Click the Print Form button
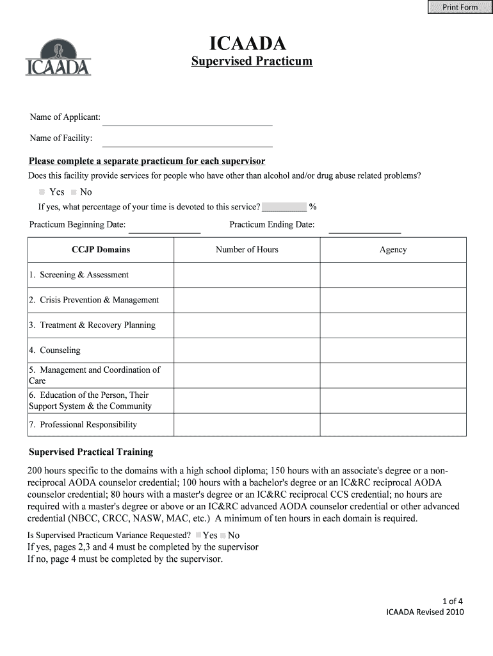point(460,7)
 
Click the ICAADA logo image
point(58,57)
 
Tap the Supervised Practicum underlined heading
point(252,61)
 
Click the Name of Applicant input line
point(187,119)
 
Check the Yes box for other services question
point(42,192)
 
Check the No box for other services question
point(74,192)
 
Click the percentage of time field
point(284,207)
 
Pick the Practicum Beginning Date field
point(165,225)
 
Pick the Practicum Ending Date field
point(364,225)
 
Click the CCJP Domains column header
point(101,250)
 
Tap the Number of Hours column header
point(247,250)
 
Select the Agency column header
point(393,250)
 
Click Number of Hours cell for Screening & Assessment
point(247,275)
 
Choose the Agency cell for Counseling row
point(393,350)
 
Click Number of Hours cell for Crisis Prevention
point(247,300)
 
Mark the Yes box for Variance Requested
point(198,535)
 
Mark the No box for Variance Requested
point(223,535)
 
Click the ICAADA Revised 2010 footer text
point(424,612)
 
